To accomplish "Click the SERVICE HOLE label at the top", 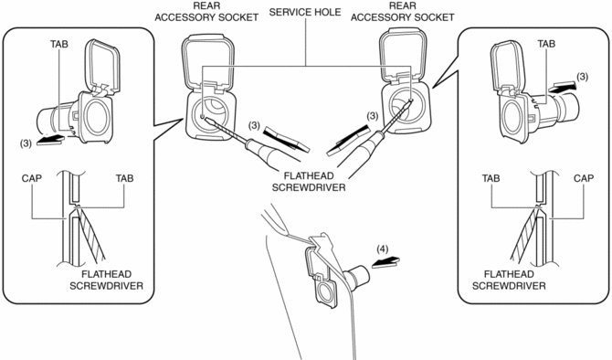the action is (x=305, y=12).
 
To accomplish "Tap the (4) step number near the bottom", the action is (x=383, y=249).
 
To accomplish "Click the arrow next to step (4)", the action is (x=385, y=261).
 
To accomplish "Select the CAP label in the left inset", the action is (x=32, y=178).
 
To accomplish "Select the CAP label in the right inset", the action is (x=584, y=178).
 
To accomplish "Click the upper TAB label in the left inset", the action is (x=59, y=44).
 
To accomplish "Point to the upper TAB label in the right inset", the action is (x=546, y=44).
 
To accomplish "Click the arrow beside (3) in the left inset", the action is (x=50, y=139).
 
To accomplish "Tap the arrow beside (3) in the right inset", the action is (x=562, y=87).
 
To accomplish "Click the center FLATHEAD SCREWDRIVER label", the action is (x=309, y=182).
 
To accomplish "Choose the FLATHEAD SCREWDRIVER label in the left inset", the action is (x=107, y=280).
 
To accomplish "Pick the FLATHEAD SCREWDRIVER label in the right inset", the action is (x=509, y=280).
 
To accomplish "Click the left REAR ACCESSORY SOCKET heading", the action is (x=206, y=12).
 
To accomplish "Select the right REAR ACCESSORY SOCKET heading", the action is (x=403, y=12).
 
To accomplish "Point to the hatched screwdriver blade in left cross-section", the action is (x=91, y=234).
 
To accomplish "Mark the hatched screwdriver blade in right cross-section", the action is (x=523, y=234).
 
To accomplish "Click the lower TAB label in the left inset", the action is (x=124, y=178).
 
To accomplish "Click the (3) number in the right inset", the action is (x=582, y=77).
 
